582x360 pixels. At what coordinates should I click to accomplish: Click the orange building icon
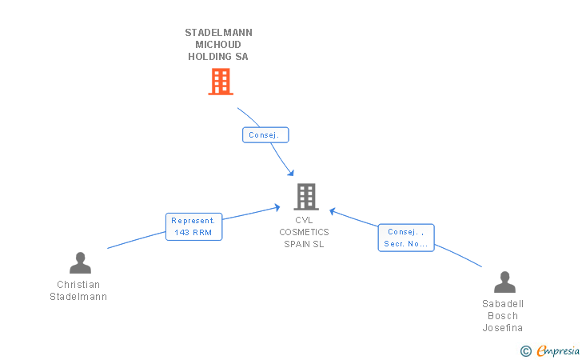pyautogui.click(x=221, y=82)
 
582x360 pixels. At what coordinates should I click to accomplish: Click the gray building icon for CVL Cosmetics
pyautogui.click(x=306, y=197)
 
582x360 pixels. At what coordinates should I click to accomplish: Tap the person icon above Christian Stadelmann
pyautogui.click(x=80, y=263)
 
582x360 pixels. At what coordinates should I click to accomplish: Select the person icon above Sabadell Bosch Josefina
pyautogui.click(x=504, y=282)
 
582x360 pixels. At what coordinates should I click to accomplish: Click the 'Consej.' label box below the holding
pyautogui.click(x=265, y=135)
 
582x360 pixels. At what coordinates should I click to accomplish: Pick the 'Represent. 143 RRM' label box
pyautogui.click(x=193, y=226)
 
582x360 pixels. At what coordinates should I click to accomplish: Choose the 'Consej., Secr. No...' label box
pyautogui.click(x=406, y=238)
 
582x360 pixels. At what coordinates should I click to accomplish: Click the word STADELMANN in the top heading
pyautogui.click(x=218, y=33)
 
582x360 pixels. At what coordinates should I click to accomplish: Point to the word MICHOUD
pyautogui.click(x=218, y=45)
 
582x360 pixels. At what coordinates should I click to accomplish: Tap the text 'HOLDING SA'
pyautogui.click(x=218, y=57)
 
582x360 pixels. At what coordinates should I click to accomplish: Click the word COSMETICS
pyautogui.click(x=304, y=232)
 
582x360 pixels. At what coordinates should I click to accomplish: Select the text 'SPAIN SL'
pyautogui.click(x=304, y=244)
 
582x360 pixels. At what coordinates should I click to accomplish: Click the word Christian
pyautogui.click(x=78, y=285)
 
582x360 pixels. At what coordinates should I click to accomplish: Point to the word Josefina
pyautogui.click(x=503, y=328)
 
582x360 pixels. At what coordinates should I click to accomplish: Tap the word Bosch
pyautogui.click(x=503, y=316)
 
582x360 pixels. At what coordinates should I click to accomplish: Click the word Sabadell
pyautogui.click(x=503, y=304)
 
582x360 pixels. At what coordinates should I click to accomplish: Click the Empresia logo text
pyautogui.click(x=558, y=350)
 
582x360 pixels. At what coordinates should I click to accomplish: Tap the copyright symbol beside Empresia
pyautogui.click(x=525, y=351)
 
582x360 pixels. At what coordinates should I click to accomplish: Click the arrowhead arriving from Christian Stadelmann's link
pyautogui.click(x=277, y=207)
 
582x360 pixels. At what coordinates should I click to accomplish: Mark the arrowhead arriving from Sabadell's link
pyautogui.click(x=333, y=212)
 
